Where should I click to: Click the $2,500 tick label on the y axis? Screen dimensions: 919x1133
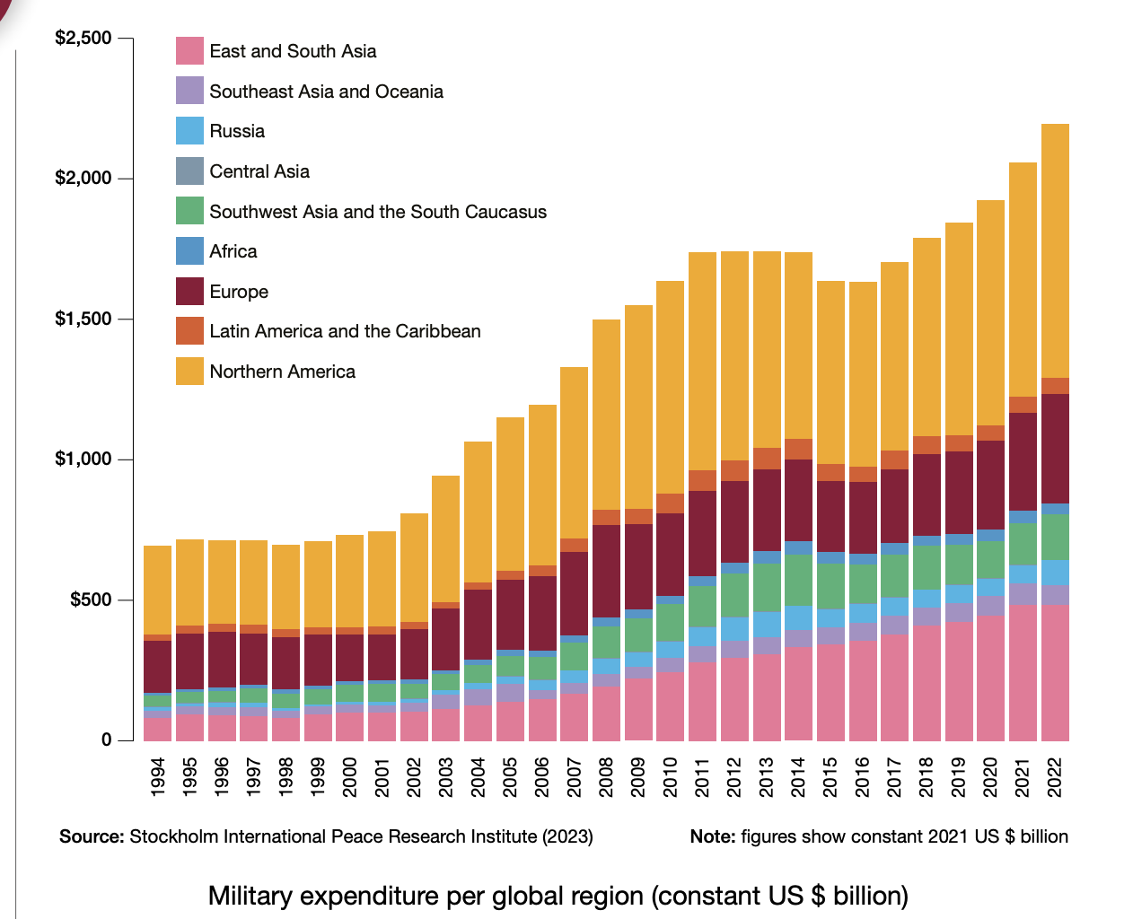click(x=83, y=38)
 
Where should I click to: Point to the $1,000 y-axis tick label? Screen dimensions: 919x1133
click(x=83, y=459)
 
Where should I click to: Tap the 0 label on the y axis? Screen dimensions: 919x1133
click(x=107, y=740)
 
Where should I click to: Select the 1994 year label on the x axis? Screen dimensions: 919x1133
click(x=158, y=777)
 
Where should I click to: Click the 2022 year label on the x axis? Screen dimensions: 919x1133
click(x=1055, y=777)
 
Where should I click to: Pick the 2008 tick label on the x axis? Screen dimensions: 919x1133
click(x=606, y=777)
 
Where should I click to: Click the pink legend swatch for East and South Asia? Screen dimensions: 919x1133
click(x=189, y=51)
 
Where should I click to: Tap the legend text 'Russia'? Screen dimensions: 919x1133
click(x=237, y=131)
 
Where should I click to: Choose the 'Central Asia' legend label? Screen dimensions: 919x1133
click(x=259, y=171)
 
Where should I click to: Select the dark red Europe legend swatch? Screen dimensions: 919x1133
click(x=189, y=292)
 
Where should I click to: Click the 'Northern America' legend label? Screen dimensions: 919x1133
click(x=282, y=372)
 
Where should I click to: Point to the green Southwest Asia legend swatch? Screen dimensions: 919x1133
click(x=189, y=212)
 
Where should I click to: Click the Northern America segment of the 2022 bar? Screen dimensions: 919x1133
click(x=1055, y=251)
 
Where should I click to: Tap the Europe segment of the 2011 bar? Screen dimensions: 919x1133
click(x=702, y=533)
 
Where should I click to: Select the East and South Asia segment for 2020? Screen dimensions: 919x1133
click(x=990, y=678)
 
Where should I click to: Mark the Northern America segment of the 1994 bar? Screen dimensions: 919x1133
click(x=158, y=590)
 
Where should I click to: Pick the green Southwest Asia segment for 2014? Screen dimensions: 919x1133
click(x=798, y=580)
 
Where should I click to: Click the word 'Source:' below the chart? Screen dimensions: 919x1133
click(x=92, y=836)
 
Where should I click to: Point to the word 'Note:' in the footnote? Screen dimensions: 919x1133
click(x=713, y=836)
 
